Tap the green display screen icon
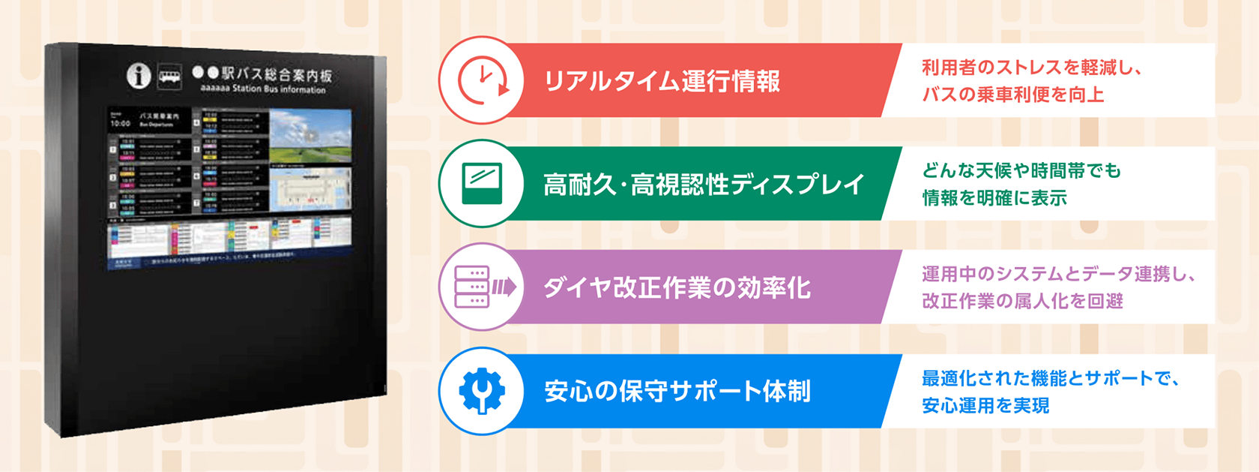(x=482, y=183)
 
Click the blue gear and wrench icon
(x=482, y=391)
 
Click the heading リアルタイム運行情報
(x=662, y=81)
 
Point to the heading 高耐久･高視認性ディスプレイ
(x=704, y=185)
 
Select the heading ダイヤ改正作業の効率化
(x=677, y=288)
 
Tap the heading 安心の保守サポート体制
(x=677, y=392)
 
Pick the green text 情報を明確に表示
(x=994, y=198)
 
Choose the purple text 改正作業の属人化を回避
(x=1022, y=302)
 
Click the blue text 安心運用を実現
(x=985, y=406)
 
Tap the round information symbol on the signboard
(x=139, y=75)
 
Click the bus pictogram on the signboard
(x=169, y=76)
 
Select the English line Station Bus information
(x=263, y=89)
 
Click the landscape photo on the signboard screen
(x=310, y=135)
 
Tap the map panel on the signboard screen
(x=310, y=188)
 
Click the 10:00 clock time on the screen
(x=121, y=124)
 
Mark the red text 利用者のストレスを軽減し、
(x=1031, y=68)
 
